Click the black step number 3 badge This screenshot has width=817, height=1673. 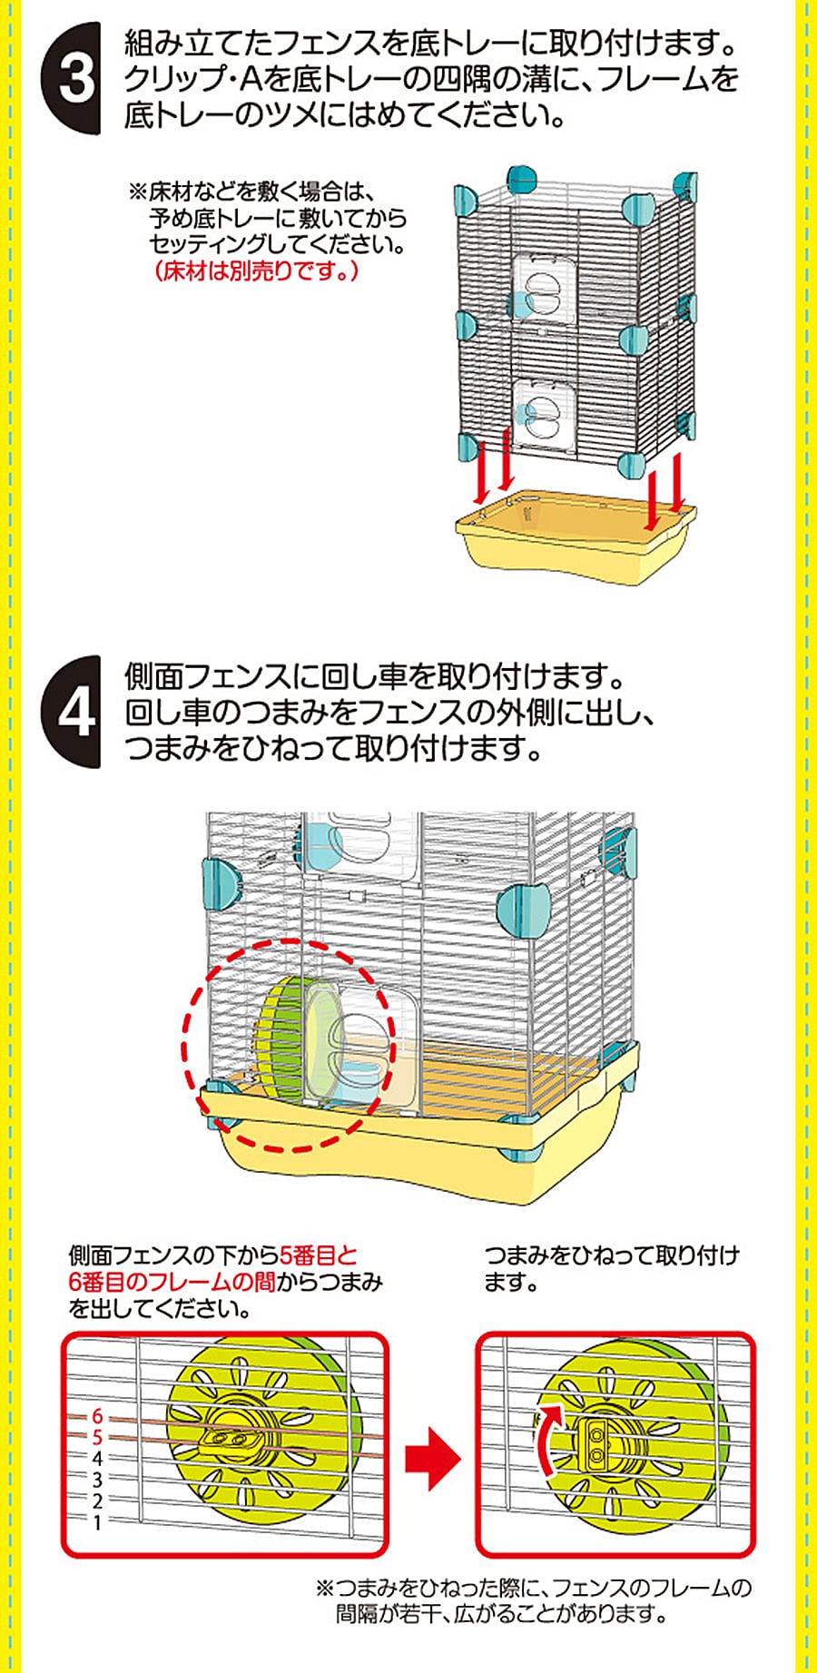[x=73, y=78]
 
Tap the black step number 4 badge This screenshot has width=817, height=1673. [x=73, y=713]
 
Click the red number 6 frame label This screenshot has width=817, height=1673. [x=97, y=1417]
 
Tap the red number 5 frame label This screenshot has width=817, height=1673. [x=97, y=1438]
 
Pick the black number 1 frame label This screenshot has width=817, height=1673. [x=97, y=1522]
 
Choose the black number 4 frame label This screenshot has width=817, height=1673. [x=97, y=1459]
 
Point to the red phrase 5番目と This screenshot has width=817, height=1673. [x=319, y=1255]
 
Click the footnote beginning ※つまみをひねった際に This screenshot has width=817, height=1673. [x=534, y=1600]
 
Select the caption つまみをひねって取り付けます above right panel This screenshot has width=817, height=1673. [x=612, y=1268]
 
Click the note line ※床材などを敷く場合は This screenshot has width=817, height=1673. [x=252, y=192]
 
